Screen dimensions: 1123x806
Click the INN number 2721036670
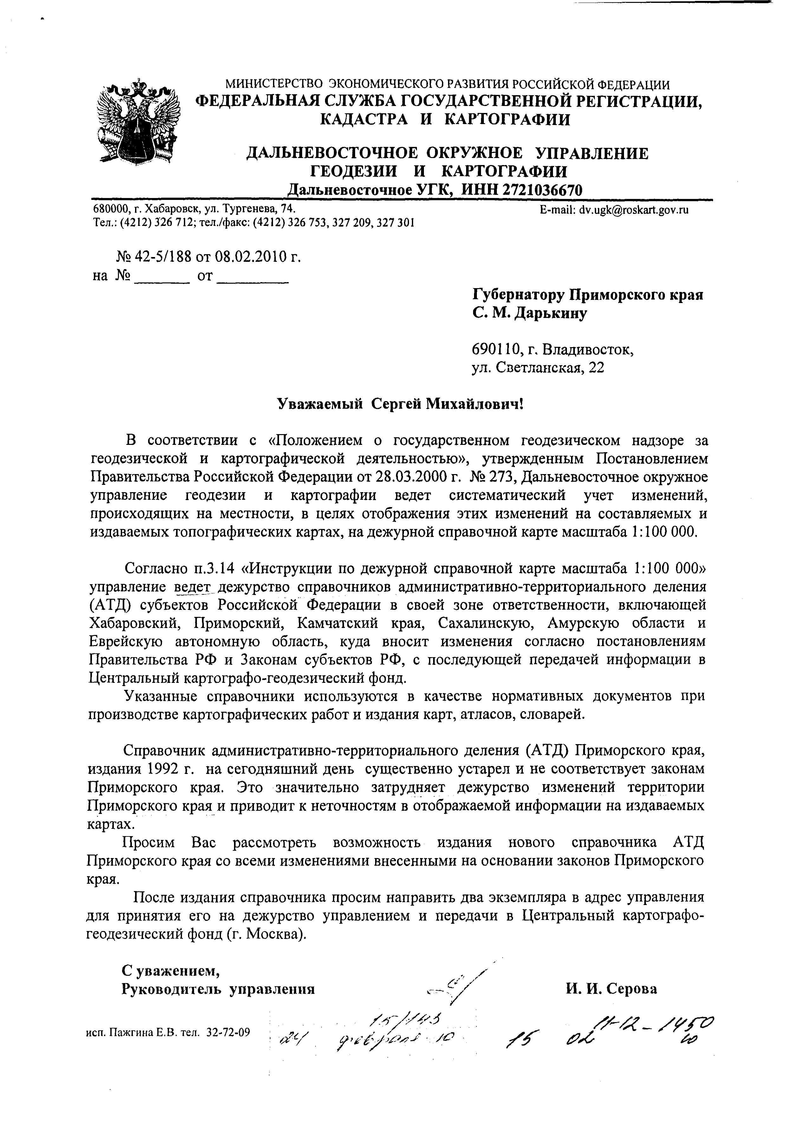[x=542, y=190]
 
